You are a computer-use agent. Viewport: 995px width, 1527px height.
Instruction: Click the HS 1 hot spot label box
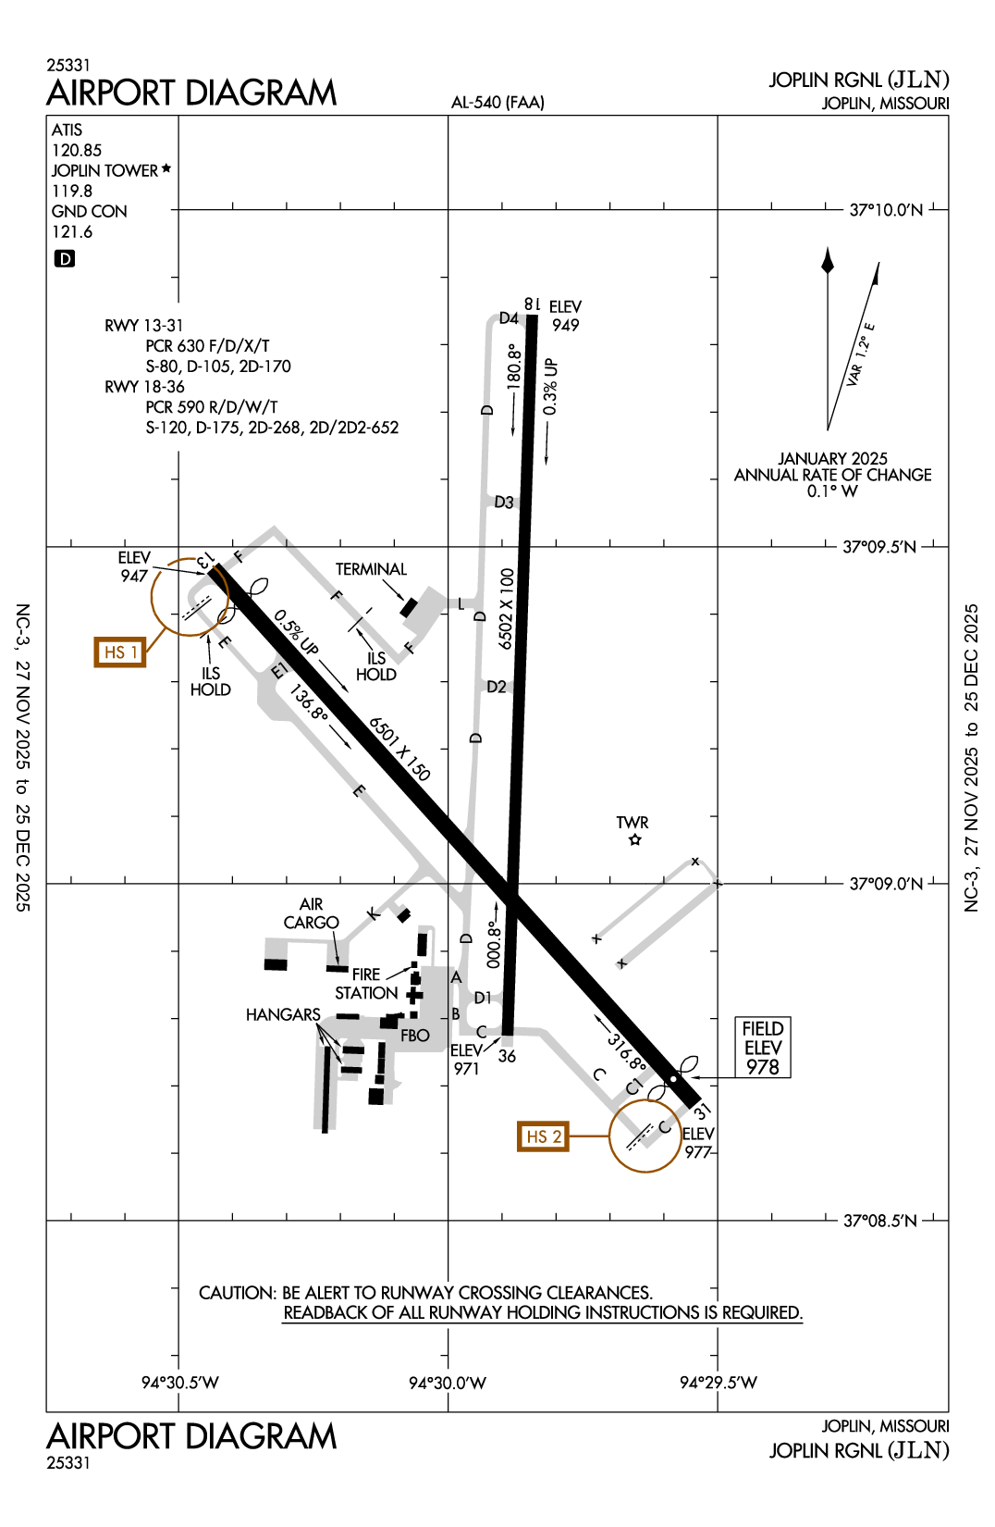(120, 652)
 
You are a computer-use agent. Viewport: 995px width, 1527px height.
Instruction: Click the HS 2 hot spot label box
(543, 1136)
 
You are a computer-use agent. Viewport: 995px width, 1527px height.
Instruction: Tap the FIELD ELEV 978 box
(763, 1048)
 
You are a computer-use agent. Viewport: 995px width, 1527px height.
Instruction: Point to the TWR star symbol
(634, 840)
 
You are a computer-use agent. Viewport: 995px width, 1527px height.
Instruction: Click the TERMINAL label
(371, 569)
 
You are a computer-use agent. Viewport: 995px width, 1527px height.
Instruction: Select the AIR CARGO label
(312, 913)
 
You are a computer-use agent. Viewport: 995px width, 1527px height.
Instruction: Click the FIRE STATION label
(366, 984)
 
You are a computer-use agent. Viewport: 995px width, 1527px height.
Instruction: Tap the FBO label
(415, 1036)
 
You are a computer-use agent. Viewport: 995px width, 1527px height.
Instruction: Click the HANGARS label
(283, 1015)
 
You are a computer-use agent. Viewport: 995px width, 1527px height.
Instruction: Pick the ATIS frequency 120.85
(77, 150)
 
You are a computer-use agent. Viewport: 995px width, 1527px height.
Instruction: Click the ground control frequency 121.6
(72, 231)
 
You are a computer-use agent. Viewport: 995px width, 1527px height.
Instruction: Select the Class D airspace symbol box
(65, 259)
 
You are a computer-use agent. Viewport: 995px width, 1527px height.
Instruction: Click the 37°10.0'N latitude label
(886, 210)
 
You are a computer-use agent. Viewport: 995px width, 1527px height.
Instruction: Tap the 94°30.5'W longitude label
(180, 1383)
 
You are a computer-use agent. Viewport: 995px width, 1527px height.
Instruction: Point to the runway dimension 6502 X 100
(506, 608)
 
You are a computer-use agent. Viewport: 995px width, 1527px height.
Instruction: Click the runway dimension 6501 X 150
(399, 749)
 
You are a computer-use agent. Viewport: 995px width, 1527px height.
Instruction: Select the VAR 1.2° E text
(860, 354)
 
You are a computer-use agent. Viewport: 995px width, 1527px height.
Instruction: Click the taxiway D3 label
(504, 503)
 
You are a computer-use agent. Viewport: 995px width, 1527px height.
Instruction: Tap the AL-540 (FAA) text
(497, 103)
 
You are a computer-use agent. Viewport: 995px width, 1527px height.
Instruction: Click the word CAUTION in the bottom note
(237, 1293)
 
